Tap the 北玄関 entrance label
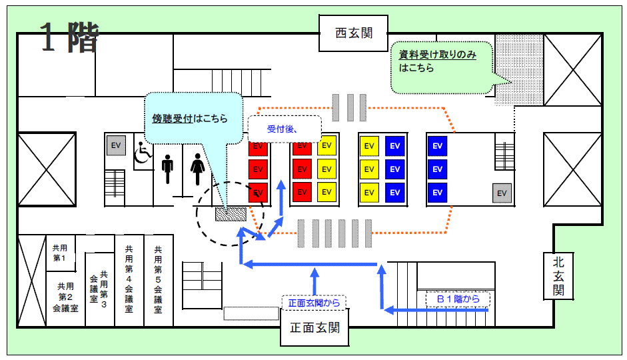[558, 276]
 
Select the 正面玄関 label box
[315, 329]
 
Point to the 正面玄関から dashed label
[314, 303]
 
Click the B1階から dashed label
[458, 299]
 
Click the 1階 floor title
[69, 38]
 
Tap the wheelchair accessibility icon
[142, 153]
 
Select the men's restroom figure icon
[168, 169]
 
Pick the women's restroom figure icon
[197, 169]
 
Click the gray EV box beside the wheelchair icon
[117, 146]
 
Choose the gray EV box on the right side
[502, 193]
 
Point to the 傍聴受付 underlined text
[173, 119]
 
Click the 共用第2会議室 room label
[65, 297]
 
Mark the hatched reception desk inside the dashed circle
[231, 214]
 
